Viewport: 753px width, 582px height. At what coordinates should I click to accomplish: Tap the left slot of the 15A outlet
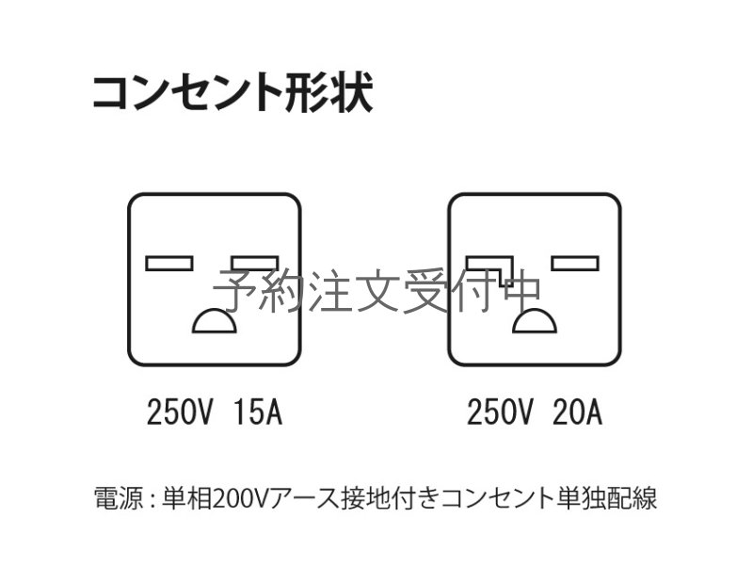tap(169, 264)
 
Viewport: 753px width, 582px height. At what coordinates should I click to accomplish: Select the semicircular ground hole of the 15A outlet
tap(215, 321)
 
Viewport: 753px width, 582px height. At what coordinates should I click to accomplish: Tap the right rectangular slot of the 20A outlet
tap(575, 264)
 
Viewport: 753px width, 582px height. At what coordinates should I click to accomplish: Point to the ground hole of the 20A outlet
tap(535, 321)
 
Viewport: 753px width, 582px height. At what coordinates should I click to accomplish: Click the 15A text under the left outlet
tap(258, 412)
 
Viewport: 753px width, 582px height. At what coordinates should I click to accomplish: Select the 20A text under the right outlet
tap(577, 412)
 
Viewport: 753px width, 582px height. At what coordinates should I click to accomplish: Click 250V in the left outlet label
tap(179, 412)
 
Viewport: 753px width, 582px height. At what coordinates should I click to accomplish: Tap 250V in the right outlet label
tap(500, 412)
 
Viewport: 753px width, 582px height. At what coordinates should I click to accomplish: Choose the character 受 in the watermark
tap(425, 290)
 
